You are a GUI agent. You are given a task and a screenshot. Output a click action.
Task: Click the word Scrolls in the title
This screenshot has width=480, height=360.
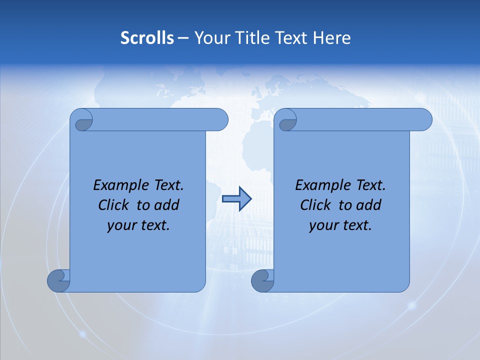pyautogui.click(x=147, y=38)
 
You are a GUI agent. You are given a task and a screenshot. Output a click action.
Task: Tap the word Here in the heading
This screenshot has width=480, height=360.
pyautogui.click(x=331, y=38)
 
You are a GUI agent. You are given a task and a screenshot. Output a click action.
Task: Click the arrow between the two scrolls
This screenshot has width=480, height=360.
pyautogui.click(x=236, y=199)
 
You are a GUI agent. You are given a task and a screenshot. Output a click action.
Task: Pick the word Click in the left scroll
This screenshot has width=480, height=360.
pyautogui.click(x=113, y=205)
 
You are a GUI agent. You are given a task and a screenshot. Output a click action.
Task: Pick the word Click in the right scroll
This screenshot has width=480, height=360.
pyautogui.click(x=315, y=205)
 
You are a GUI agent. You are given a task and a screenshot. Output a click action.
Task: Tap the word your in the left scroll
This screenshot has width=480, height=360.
pyautogui.click(x=120, y=225)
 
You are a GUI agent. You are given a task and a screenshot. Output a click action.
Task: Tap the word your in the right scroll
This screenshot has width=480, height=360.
pyautogui.click(x=322, y=225)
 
